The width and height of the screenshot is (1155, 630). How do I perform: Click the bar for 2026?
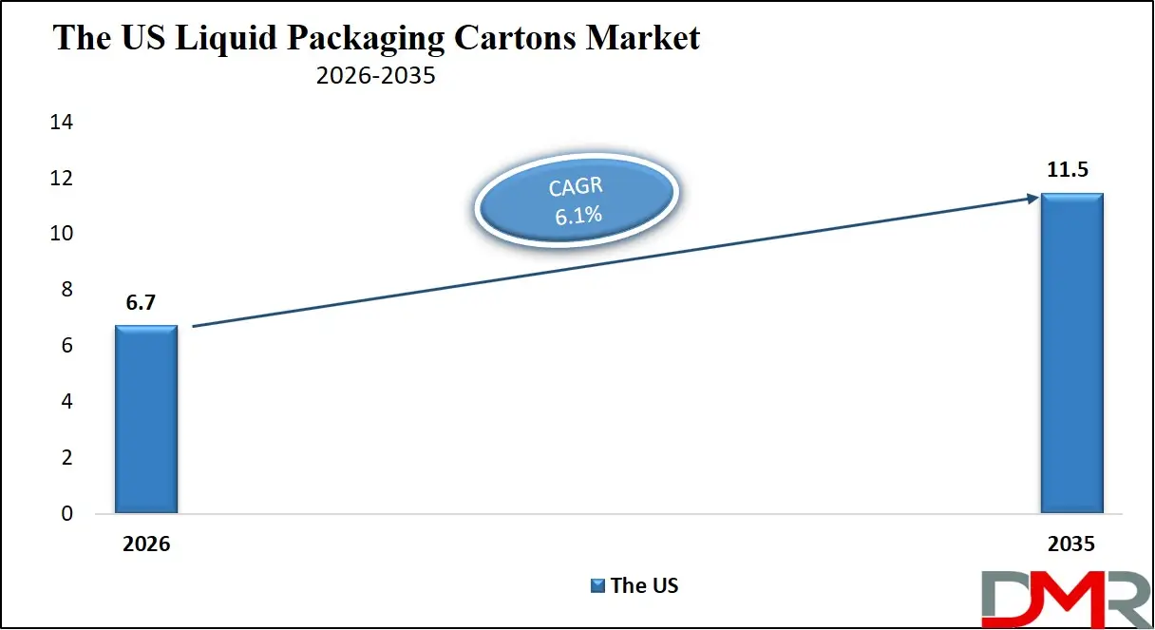tap(146, 419)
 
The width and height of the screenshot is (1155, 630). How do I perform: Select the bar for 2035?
tap(1071, 353)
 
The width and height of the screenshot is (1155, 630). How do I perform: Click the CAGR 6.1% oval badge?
tap(577, 200)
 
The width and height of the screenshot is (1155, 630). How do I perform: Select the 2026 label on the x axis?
tap(145, 545)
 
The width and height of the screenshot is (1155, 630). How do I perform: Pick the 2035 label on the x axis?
tap(1071, 545)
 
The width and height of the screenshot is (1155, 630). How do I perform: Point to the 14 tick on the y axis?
tap(62, 122)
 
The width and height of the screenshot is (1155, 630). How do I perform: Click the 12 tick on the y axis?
tap(62, 178)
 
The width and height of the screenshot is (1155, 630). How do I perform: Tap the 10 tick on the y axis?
tap(62, 234)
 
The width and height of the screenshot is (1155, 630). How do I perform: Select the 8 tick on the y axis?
tap(66, 290)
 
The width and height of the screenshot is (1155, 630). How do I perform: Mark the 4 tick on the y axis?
tap(66, 402)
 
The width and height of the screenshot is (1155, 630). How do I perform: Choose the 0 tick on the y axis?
tap(66, 514)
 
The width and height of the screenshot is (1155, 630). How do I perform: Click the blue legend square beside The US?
tap(597, 585)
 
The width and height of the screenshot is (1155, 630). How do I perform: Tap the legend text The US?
tap(644, 585)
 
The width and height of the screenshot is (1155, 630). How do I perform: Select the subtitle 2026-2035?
tap(375, 76)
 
